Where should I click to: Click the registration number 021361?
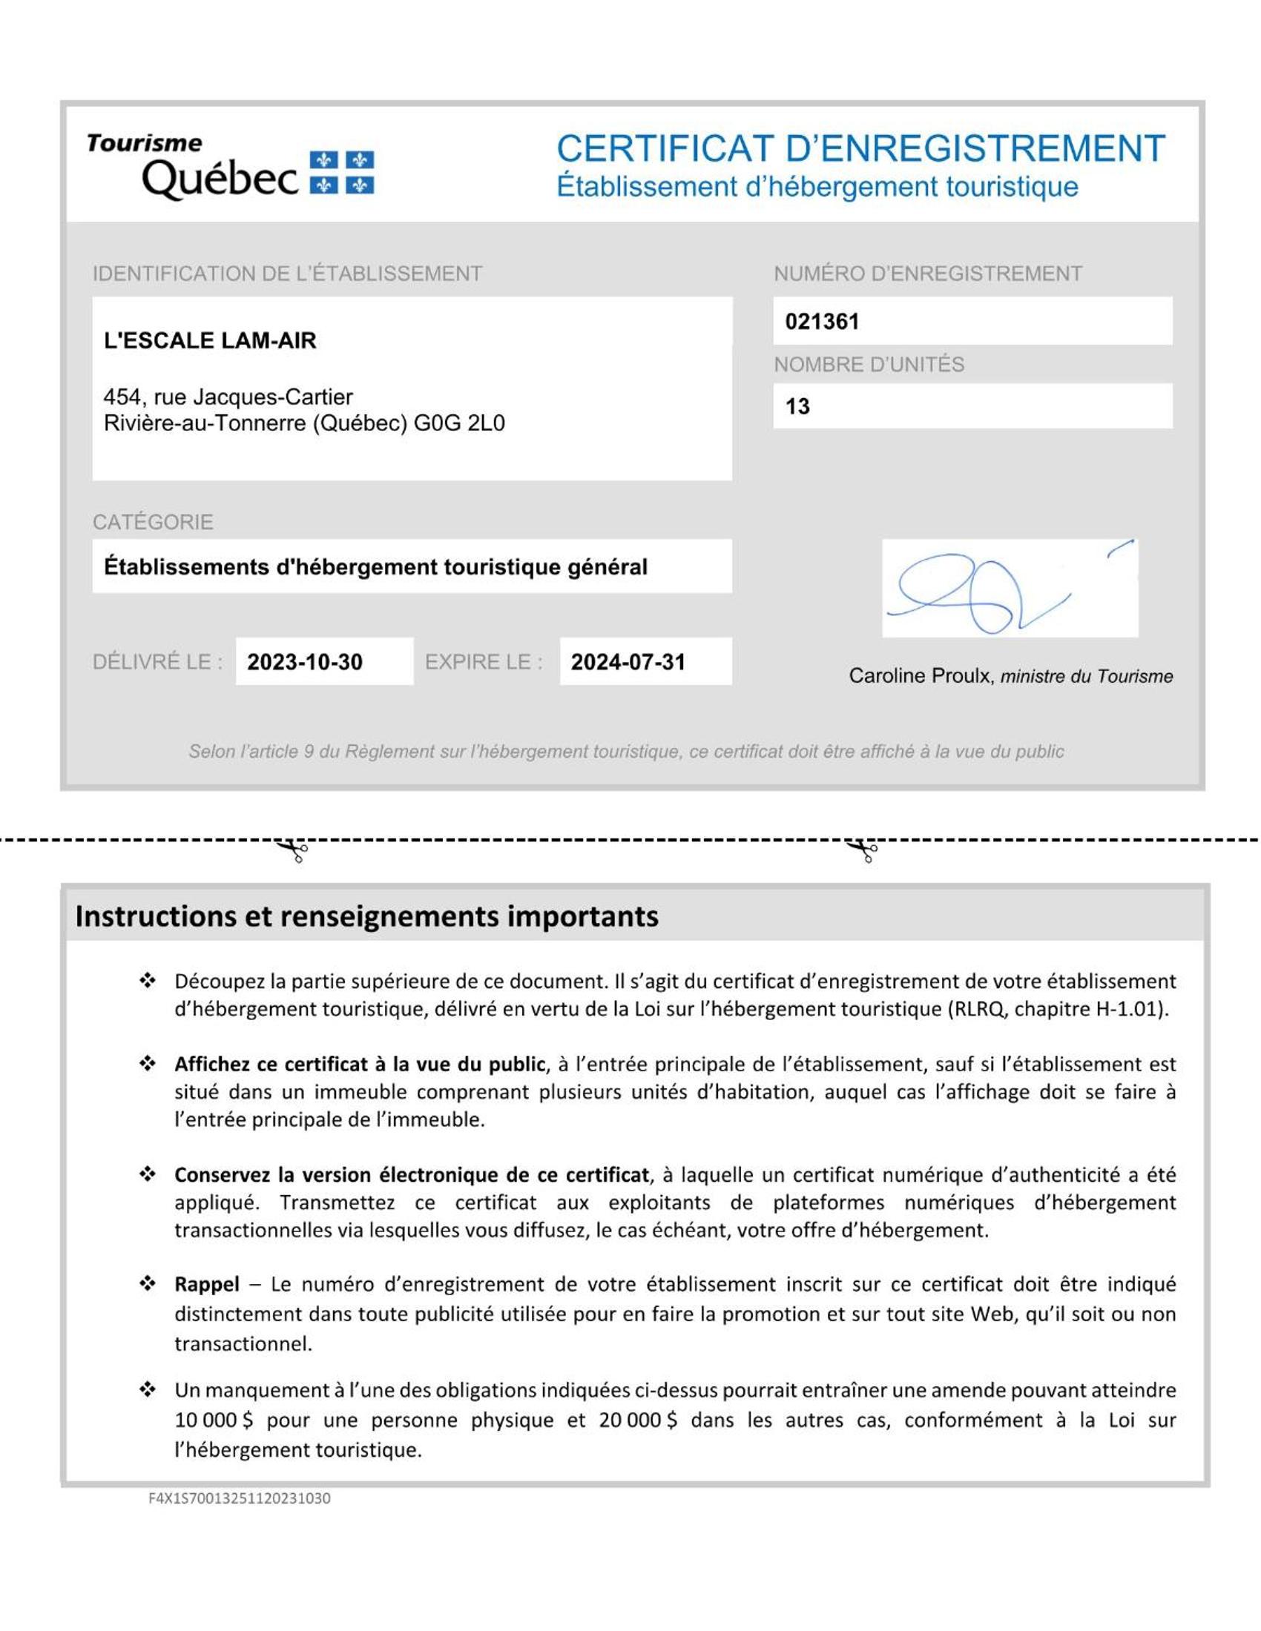[x=822, y=322]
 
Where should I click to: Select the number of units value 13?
[x=797, y=406]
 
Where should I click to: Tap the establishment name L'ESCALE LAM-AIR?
[x=210, y=340]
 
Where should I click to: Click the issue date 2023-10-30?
[x=305, y=661]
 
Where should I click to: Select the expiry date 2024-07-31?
[x=628, y=661]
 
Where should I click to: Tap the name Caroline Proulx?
[x=920, y=676]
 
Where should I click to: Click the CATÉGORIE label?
[x=153, y=521]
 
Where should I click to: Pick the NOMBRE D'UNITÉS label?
[x=869, y=365]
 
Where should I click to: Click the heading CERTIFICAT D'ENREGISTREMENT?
[x=860, y=148]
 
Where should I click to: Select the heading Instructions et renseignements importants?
[x=366, y=916]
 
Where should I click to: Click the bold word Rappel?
[x=207, y=1285]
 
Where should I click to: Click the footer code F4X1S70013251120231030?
[x=239, y=1498]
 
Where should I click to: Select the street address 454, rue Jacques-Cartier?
[x=228, y=397]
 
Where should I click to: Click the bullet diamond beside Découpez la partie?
[x=148, y=981]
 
